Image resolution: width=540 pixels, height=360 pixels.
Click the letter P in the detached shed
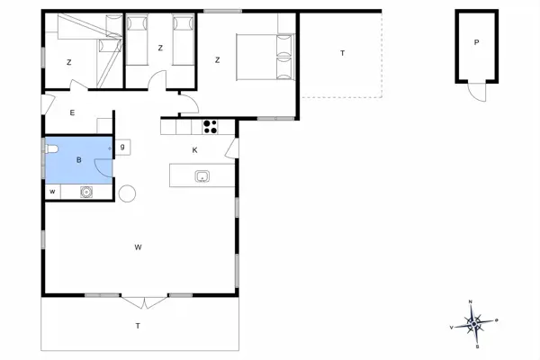click(476, 43)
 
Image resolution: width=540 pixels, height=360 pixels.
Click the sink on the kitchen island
click(202, 175)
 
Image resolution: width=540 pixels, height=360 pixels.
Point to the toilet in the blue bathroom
click(50, 150)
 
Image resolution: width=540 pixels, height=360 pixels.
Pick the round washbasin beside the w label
click(87, 191)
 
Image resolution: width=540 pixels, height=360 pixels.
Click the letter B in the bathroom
click(79, 160)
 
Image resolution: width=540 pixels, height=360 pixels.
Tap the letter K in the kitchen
click(195, 150)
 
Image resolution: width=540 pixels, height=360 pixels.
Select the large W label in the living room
click(139, 247)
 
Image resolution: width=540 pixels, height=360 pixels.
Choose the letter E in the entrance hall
click(72, 113)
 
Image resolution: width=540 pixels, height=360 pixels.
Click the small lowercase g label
click(122, 146)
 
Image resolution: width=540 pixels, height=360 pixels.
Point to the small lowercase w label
click(52, 191)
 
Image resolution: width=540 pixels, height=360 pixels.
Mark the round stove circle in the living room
click(127, 193)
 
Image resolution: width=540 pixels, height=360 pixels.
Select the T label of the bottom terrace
click(138, 325)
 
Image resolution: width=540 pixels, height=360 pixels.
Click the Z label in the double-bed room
click(218, 60)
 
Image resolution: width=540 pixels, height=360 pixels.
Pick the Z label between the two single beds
click(160, 48)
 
